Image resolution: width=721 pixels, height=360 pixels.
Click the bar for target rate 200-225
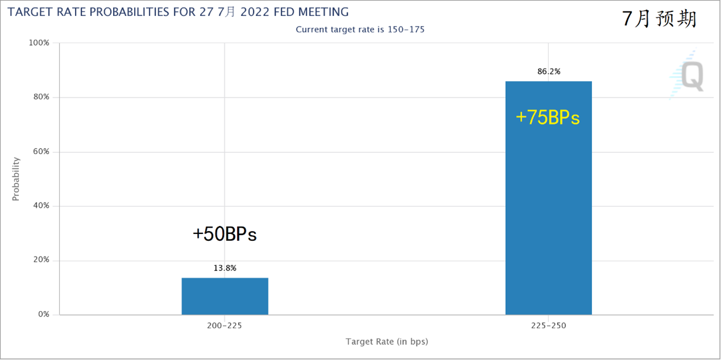(x=225, y=296)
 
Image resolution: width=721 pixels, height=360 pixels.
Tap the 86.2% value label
(x=548, y=72)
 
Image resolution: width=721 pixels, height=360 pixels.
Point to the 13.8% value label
(x=225, y=268)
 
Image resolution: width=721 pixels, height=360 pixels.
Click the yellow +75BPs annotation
(x=548, y=117)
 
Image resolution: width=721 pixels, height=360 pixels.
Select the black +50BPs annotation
(x=224, y=234)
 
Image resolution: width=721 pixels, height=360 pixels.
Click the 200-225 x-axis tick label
(x=225, y=326)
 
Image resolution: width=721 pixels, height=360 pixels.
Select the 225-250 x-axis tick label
(x=548, y=326)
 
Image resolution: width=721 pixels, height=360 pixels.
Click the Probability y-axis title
(x=16, y=179)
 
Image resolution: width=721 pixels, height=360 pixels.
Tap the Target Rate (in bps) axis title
(x=386, y=342)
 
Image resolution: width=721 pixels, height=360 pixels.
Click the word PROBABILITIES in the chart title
(x=147, y=12)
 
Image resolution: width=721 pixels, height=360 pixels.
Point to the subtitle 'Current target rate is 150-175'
(x=360, y=30)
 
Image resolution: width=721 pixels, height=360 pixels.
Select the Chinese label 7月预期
(x=659, y=19)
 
